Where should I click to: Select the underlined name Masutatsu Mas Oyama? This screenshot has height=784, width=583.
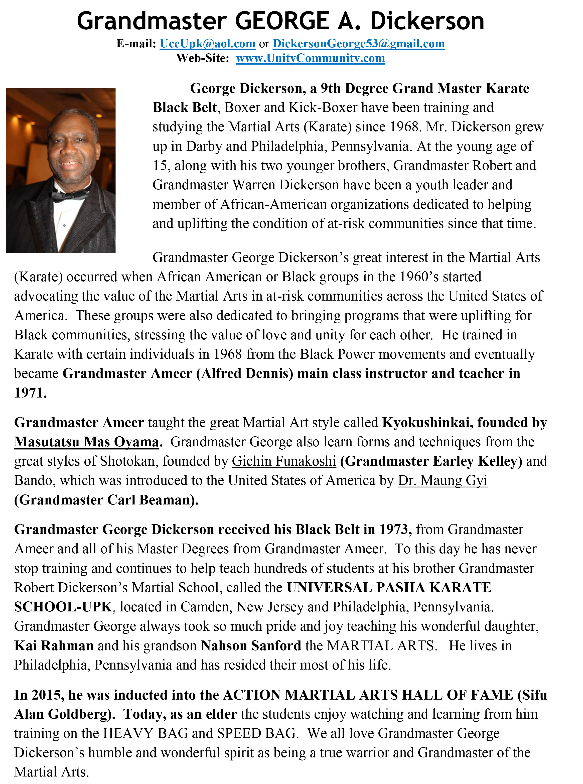86,442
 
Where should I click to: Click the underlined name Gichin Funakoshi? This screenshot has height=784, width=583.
284,461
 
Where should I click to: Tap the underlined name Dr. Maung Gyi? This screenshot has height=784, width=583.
443,480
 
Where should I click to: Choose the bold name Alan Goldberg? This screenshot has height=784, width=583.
62,714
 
